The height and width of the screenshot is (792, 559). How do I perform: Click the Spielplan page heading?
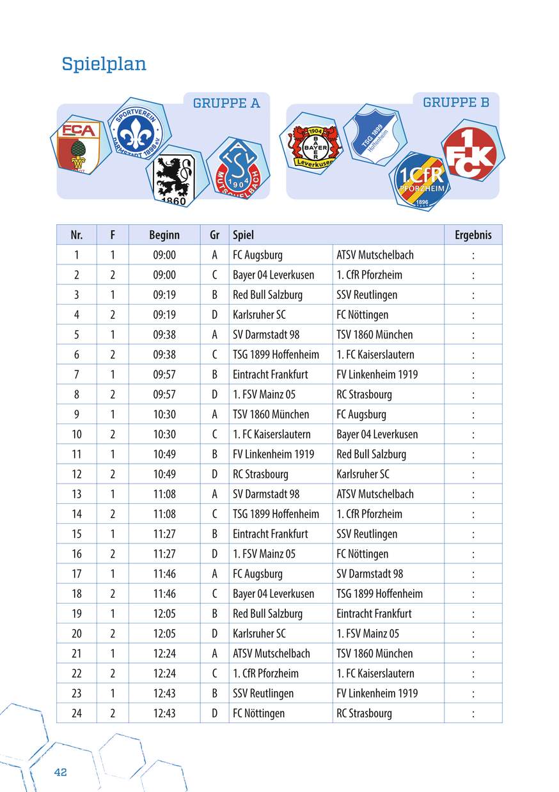[x=104, y=64]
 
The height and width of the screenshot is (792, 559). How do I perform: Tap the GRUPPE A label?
[x=226, y=103]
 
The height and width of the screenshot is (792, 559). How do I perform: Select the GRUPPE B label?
[x=456, y=102]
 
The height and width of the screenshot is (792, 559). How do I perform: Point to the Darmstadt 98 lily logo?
[x=138, y=132]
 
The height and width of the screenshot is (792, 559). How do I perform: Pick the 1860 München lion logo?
[x=173, y=179]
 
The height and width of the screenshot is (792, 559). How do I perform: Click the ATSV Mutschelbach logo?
[x=238, y=169]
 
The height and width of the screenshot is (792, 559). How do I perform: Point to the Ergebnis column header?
[x=473, y=235]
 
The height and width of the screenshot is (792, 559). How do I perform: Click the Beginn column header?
[x=164, y=235]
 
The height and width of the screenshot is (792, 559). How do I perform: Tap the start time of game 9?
[x=164, y=414]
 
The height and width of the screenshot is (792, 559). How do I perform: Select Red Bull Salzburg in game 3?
[x=267, y=294]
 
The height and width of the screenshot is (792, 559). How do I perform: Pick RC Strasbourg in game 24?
[x=364, y=713]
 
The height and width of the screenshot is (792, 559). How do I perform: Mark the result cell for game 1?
[x=473, y=255]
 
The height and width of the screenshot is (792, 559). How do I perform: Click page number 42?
[x=61, y=772]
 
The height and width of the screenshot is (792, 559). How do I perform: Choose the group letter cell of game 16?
[x=215, y=554]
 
